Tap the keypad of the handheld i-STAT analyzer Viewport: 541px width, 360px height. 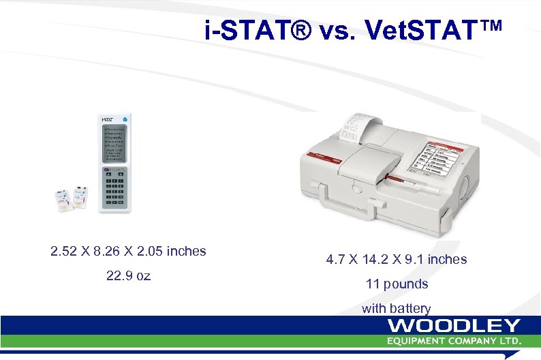[x=114, y=188]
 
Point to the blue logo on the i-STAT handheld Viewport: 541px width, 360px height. [x=125, y=119]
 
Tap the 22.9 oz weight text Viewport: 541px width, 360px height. [x=129, y=276]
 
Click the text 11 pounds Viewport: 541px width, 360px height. [x=397, y=284]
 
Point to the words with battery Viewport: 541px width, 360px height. [x=397, y=308]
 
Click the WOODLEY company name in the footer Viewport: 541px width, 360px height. [x=454, y=326]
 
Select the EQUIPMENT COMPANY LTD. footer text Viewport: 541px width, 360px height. [x=454, y=340]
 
